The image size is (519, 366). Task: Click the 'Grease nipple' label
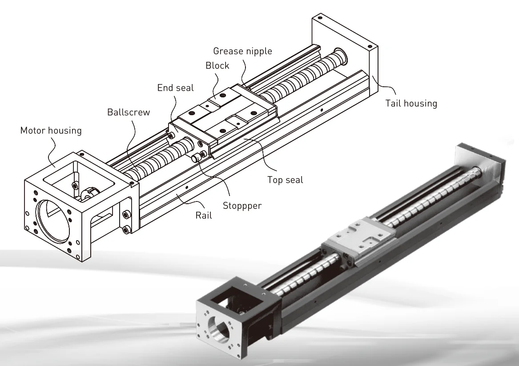242,51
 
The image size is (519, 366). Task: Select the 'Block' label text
217,65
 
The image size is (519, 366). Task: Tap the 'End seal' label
175,88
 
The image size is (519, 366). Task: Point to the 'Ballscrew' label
129,112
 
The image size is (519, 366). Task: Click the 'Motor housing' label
51,131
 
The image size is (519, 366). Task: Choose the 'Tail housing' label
410,103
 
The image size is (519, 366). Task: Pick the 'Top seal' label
285,180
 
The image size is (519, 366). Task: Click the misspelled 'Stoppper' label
242,206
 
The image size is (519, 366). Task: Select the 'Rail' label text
203,215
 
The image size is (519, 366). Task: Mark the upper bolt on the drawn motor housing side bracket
127,215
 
